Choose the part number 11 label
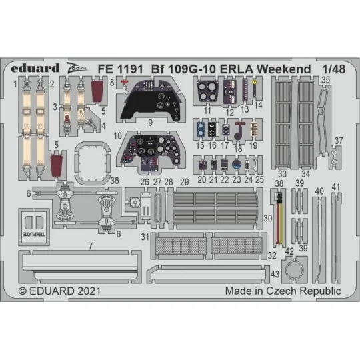207,111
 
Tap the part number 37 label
338,141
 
